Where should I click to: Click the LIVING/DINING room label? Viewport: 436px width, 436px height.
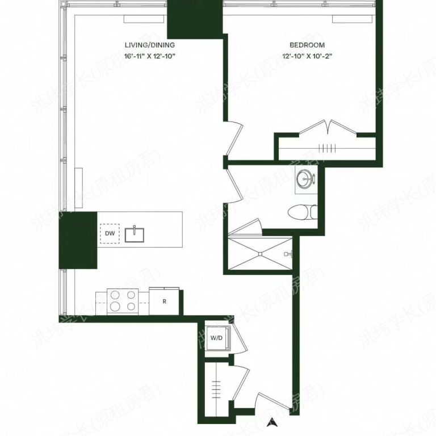point(150,45)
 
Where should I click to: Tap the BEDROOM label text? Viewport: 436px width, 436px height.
point(307,45)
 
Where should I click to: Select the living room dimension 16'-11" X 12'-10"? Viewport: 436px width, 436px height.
point(150,55)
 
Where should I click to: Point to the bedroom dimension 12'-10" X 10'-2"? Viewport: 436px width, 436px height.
point(307,55)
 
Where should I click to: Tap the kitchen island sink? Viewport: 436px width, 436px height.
point(135,234)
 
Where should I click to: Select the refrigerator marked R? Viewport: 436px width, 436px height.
point(165,301)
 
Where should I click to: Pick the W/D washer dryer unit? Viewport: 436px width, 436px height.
point(216,338)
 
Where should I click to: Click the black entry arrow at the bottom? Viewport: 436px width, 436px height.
point(273,421)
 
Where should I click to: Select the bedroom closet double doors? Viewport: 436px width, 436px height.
point(328,127)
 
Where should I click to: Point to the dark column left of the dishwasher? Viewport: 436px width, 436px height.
point(78,240)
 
